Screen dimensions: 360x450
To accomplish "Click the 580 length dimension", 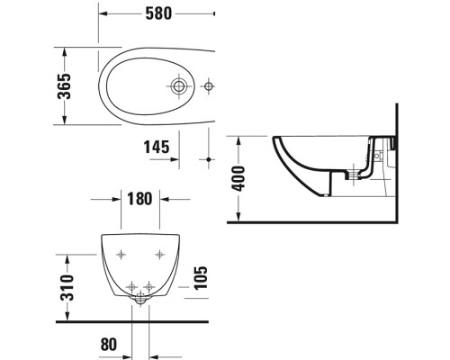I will pyautogui.click(x=156, y=14).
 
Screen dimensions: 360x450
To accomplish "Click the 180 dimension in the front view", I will pyautogui.click(x=139, y=199).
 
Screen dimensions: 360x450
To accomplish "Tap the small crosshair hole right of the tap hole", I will pyautogui.click(x=209, y=87).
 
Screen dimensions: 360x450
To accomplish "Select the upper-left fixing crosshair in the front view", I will pyautogui.click(x=119, y=253).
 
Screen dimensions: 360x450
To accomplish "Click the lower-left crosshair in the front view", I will pyautogui.click(x=124, y=285).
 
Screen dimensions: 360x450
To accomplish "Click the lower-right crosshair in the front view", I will pyautogui.click(x=148, y=285).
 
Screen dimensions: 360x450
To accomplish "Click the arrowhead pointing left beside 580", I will pyautogui.click(x=102, y=15).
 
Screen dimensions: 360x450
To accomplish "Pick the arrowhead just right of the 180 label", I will pyautogui.click(x=157, y=199).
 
